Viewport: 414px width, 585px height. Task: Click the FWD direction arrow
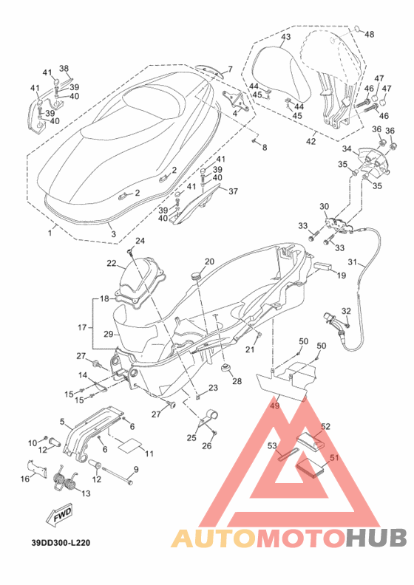coord(58,516)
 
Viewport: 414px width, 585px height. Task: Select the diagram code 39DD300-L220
coord(61,543)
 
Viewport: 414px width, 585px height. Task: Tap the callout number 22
coord(112,264)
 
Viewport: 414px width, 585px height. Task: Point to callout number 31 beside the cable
coord(353,262)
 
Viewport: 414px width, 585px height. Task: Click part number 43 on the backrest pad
coord(285,37)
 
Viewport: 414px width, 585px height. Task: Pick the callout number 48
coord(369,35)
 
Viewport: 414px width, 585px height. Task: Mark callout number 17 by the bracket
coord(82,327)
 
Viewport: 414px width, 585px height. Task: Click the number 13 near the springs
coord(86,493)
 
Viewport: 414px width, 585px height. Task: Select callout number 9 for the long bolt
coord(136,469)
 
